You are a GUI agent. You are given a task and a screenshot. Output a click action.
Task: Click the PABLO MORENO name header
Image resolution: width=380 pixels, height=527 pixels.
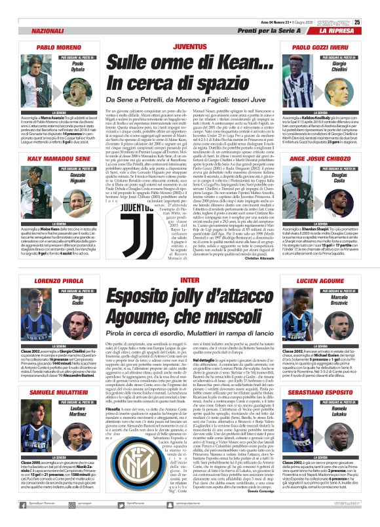[58, 48]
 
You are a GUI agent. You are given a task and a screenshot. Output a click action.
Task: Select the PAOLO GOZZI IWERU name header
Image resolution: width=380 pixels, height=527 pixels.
[320, 48]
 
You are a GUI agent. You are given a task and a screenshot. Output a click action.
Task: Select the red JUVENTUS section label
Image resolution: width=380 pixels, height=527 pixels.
[189, 49]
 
